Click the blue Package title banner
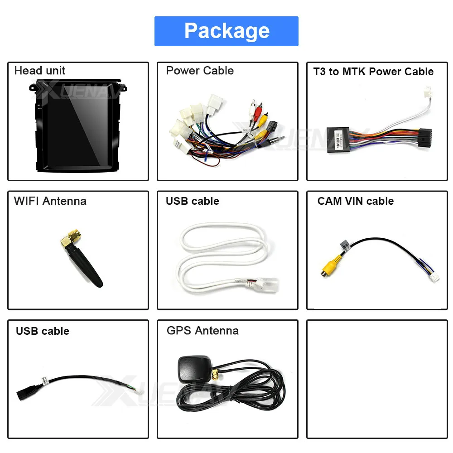(x=226, y=31)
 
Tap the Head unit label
(x=40, y=71)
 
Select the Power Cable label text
(x=200, y=71)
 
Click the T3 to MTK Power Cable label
(x=373, y=72)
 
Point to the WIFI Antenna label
(x=50, y=201)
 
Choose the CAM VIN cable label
(x=355, y=201)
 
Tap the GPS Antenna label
(x=202, y=331)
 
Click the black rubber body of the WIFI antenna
(x=85, y=266)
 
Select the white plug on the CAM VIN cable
(x=434, y=277)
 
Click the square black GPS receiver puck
(x=195, y=368)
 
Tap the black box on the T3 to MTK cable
(x=338, y=140)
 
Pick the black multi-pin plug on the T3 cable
(x=425, y=138)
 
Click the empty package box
(x=377, y=379)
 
